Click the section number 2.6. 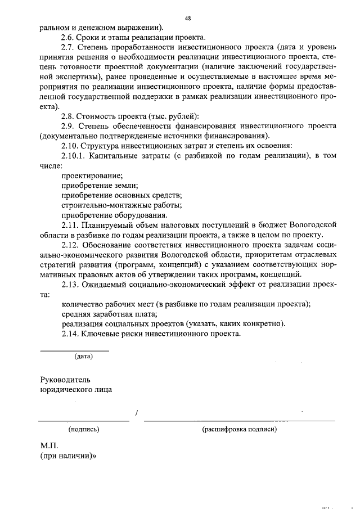pos(69,37)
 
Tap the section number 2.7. pos(69,47)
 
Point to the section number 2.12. pos(71,245)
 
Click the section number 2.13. pos(71,285)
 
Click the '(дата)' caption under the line pos(84,356)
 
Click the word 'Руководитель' pos(65,379)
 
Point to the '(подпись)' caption pos(84,429)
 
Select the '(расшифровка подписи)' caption pos(239,429)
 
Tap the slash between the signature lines pos(137,415)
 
